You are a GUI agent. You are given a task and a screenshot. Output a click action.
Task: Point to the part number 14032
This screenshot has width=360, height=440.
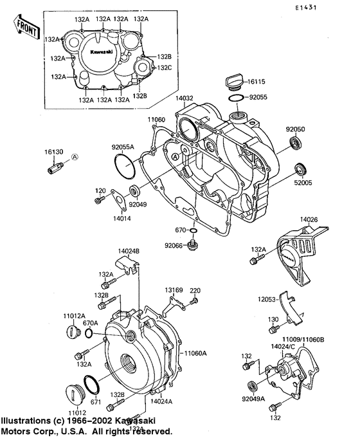(184, 98)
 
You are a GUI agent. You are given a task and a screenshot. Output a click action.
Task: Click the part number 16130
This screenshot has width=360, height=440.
(53, 152)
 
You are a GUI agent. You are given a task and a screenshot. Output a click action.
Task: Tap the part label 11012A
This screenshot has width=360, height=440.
(74, 316)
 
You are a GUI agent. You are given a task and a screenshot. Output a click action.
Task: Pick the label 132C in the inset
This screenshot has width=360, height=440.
(163, 68)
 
